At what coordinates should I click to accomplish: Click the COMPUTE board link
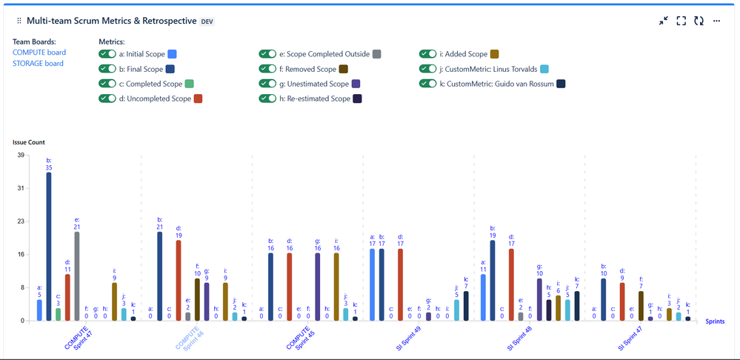tap(39, 53)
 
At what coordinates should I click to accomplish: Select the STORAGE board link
tap(38, 64)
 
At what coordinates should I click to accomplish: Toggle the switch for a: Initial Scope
tap(108, 54)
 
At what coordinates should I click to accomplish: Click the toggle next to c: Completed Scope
tap(108, 84)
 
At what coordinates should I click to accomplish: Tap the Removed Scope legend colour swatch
tap(343, 69)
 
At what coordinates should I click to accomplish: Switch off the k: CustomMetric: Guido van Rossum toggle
tap(428, 84)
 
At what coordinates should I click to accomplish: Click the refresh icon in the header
tap(699, 21)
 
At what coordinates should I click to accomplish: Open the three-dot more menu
tap(717, 21)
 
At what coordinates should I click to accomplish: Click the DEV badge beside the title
tap(208, 21)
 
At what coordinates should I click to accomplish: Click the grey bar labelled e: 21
tap(77, 276)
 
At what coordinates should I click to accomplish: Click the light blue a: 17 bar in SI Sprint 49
tap(373, 284)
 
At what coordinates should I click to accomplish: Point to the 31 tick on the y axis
tap(21, 188)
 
